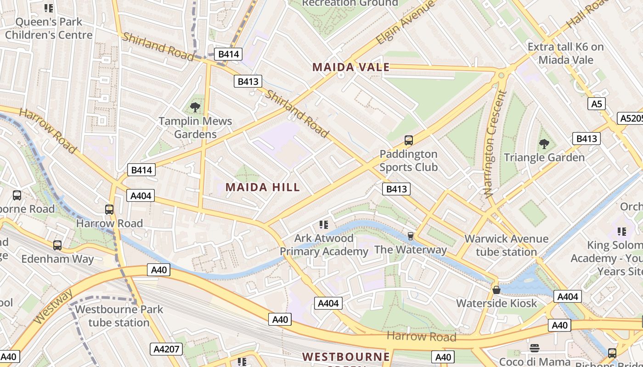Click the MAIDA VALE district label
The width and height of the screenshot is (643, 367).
(x=351, y=67)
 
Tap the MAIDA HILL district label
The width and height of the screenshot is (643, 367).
(x=262, y=187)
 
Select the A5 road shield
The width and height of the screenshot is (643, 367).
(x=596, y=104)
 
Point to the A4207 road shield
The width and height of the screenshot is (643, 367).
(x=166, y=349)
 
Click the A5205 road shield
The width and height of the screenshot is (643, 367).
(x=630, y=118)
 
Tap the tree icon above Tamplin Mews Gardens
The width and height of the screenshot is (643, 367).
(x=195, y=108)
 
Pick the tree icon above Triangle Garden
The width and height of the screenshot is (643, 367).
(x=544, y=144)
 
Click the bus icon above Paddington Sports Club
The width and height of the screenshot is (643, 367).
(x=408, y=140)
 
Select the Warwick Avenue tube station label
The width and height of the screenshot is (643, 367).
(x=506, y=245)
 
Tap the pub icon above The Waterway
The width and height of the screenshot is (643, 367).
(x=410, y=236)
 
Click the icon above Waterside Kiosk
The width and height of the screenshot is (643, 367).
(x=496, y=290)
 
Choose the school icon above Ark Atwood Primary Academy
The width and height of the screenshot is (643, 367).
(x=324, y=225)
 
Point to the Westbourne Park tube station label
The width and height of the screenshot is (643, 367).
(x=119, y=316)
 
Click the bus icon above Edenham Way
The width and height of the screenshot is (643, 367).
(x=57, y=245)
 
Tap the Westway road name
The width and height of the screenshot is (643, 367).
(x=53, y=306)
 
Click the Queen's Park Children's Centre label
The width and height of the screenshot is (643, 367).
(x=49, y=28)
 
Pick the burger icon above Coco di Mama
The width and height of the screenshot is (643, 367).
(x=534, y=348)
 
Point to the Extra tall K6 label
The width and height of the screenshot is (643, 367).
(x=565, y=53)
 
